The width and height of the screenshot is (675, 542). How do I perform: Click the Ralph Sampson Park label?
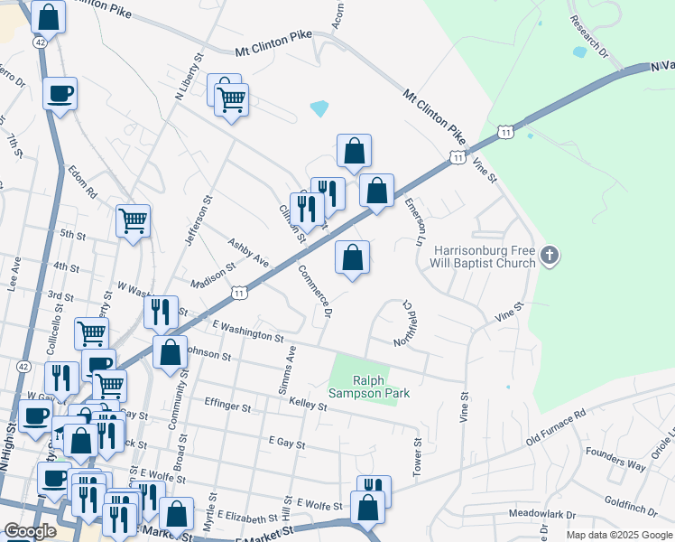(x=381, y=387)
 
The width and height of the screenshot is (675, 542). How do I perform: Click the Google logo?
(x=29, y=531)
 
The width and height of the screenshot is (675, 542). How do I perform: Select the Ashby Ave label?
(x=248, y=254)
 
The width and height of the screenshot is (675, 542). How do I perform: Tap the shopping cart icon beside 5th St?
(x=134, y=219)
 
